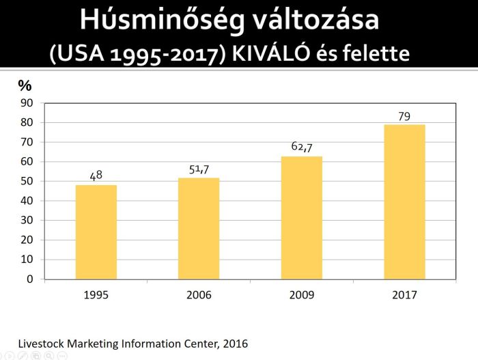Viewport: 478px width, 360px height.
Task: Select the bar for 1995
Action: click(96, 232)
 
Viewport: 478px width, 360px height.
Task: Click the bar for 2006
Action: click(199, 229)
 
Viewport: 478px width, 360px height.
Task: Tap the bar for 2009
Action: click(302, 218)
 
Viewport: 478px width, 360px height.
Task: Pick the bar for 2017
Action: click(404, 202)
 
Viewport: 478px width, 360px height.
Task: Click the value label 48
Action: click(96, 176)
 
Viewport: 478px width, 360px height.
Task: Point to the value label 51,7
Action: click(199, 169)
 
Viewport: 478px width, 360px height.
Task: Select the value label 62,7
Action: click(302, 147)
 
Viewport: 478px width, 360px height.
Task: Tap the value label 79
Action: click(404, 116)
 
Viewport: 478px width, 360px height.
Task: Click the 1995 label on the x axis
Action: click(96, 295)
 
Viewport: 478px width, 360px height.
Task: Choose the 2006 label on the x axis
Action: click(199, 295)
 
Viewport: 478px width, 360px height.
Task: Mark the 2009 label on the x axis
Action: click(302, 295)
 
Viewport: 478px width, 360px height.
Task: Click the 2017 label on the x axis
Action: click(404, 295)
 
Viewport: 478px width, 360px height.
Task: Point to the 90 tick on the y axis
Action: click(27, 103)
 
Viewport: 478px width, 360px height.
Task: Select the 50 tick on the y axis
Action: click(27, 182)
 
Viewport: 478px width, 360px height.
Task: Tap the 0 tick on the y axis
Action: click(29, 279)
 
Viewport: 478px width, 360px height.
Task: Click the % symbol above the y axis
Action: click(25, 85)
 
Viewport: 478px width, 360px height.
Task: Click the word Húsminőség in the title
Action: click(155, 20)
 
